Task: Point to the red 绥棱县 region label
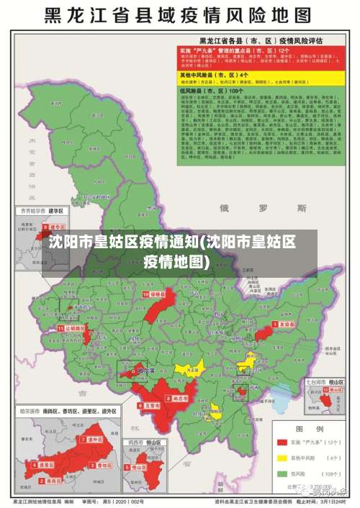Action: [156, 295]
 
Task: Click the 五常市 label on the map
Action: [150, 406]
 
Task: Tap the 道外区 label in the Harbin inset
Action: [95, 439]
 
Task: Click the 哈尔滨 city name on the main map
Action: [145, 371]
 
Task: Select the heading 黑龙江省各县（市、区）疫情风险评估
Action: [261, 40]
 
